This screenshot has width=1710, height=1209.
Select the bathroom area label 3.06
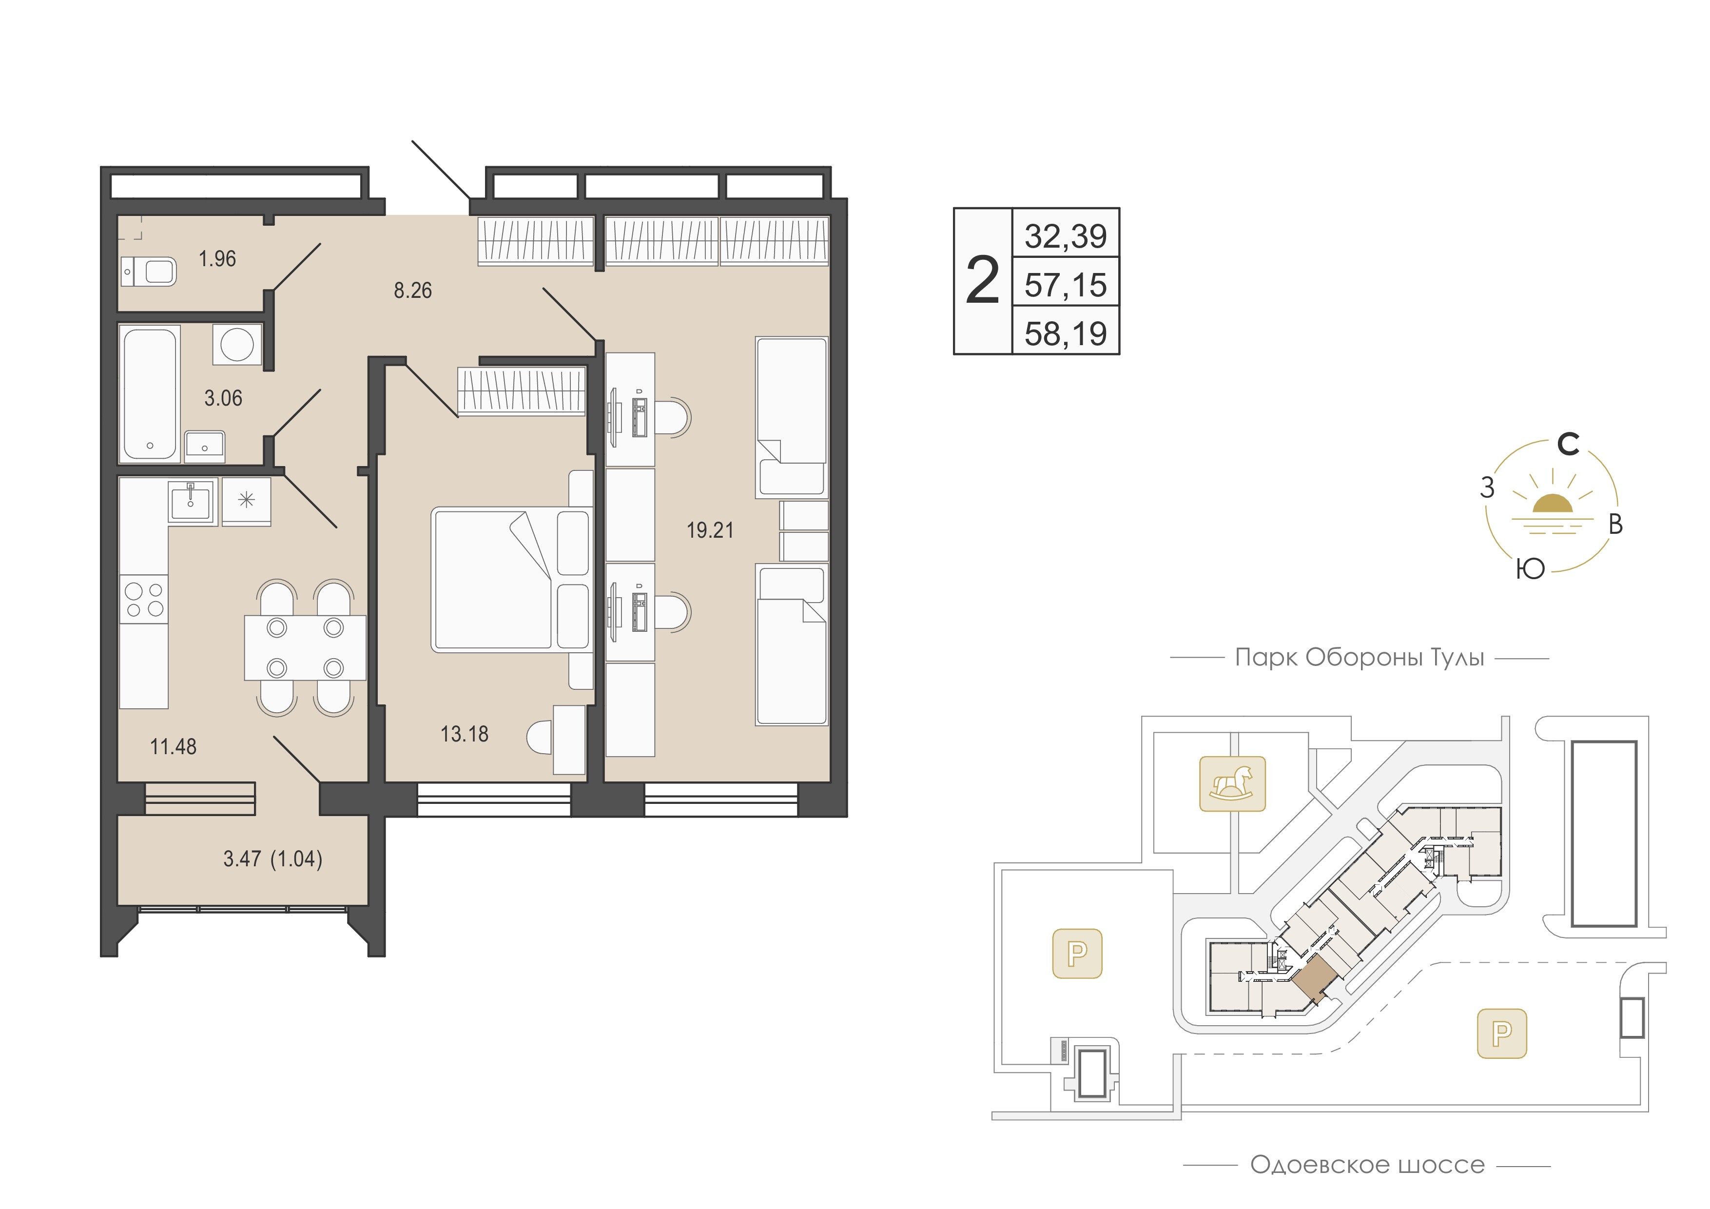point(223,398)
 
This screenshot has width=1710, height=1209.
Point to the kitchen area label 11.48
point(174,746)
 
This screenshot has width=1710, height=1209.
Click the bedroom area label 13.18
point(465,734)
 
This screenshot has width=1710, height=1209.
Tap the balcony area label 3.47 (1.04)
point(272,859)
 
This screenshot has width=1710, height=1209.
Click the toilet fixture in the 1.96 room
point(149,272)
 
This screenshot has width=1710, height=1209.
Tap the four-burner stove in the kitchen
point(144,600)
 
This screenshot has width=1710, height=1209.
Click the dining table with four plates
point(305,647)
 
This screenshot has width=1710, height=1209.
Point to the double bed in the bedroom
point(512,579)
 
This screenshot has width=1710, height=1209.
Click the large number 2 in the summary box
point(982,281)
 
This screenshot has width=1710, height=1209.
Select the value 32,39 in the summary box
point(1066,235)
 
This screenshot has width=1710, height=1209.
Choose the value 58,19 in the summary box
point(1066,333)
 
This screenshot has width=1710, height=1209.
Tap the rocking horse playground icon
point(1233,783)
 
